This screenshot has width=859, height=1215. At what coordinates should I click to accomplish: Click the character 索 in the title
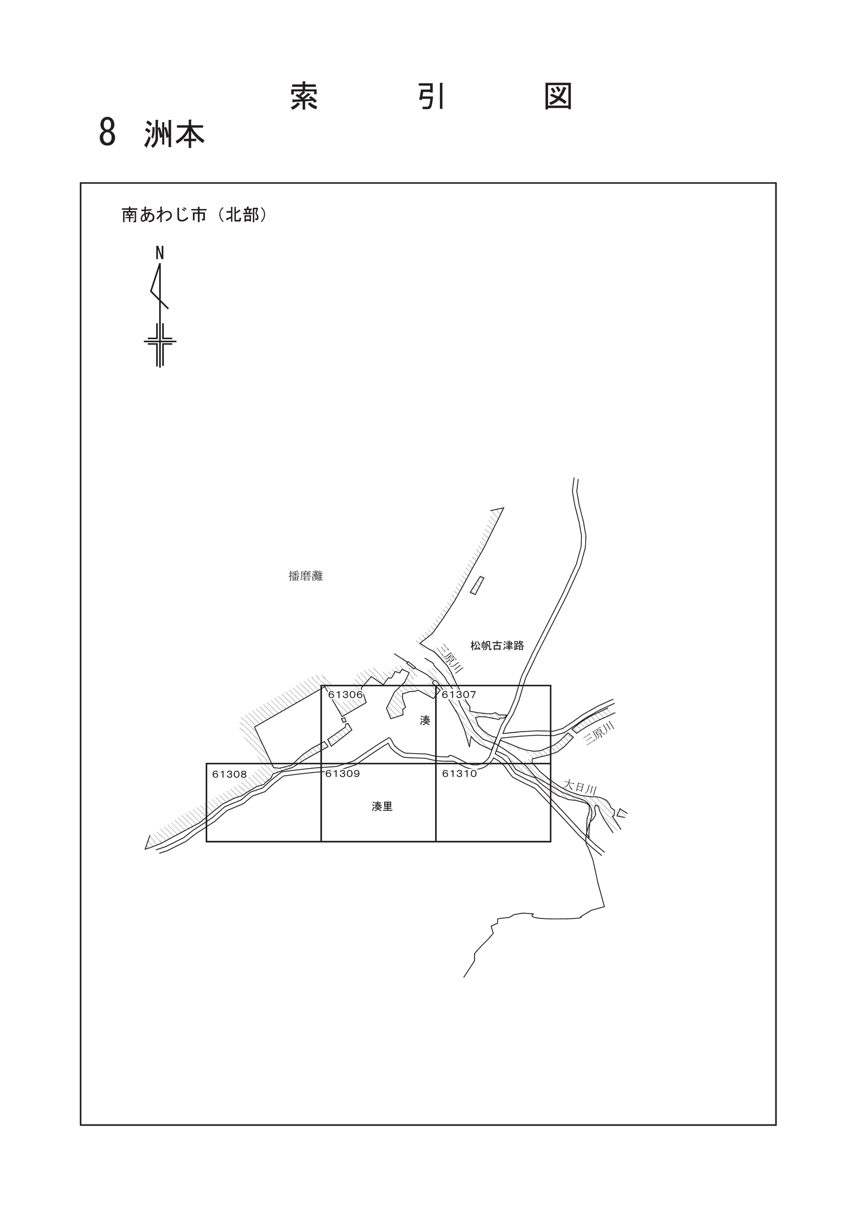click(x=304, y=96)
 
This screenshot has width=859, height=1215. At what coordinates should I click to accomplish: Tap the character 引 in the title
click(x=431, y=96)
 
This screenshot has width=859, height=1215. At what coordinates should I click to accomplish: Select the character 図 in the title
click(x=558, y=96)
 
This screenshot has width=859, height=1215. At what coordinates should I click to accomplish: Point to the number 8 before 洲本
click(x=108, y=133)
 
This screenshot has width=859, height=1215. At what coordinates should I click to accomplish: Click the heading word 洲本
click(x=175, y=134)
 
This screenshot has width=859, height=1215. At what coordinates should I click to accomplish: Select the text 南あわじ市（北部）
click(x=194, y=215)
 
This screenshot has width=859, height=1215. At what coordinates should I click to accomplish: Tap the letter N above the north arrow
click(x=160, y=253)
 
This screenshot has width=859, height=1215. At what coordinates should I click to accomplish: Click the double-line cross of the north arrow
click(x=160, y=341)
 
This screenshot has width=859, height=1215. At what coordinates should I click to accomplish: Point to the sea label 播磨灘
click(x=306, y=576)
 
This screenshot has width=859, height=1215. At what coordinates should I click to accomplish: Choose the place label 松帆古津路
click(x=497, y=646)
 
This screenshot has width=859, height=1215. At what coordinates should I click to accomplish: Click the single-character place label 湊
click(x=425, y=721)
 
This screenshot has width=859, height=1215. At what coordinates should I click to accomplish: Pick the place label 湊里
click(x=382, y=807)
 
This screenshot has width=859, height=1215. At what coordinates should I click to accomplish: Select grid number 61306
click(x=345, y=695)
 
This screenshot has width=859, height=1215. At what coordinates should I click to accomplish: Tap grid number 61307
click(x=459, y=695)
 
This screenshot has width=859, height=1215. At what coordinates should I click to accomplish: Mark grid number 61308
click(x=229, y=774)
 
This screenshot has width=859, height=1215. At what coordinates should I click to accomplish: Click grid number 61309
click(x=342, y=773)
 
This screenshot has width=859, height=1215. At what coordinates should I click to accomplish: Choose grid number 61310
click(x=459, y=773)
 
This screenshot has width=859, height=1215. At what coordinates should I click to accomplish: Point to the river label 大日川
click(x=580, y=787)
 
